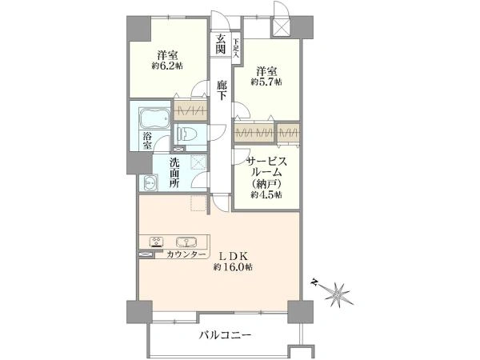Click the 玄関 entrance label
pos(220,44)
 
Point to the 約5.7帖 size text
pos(266,82)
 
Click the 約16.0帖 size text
pos(234,270)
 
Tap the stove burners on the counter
pos(157,240)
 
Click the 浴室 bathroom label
pos(149,142)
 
